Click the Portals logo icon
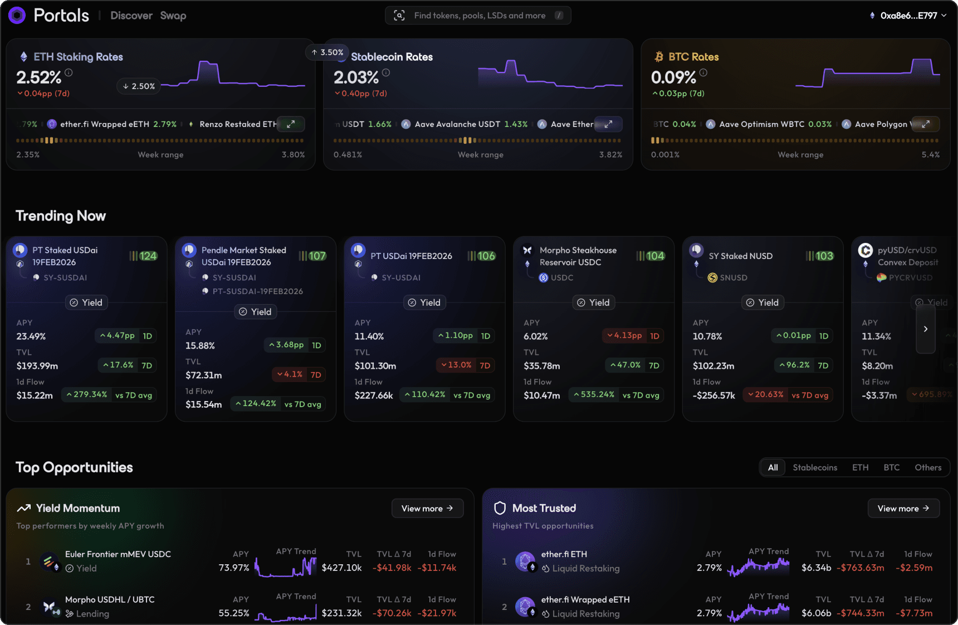17,16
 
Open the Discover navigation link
131,16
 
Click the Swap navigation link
173,16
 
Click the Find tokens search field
479,16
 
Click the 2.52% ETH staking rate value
38,77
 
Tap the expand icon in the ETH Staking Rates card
291,124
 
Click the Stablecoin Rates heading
392,57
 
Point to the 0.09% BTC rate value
673,77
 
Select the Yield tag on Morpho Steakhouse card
593,302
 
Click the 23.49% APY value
31,336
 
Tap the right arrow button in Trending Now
925,329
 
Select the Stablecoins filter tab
815,467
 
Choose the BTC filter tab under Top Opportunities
891,467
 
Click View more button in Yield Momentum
427,508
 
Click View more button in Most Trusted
903,508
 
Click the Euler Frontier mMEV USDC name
118,554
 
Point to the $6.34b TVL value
816,568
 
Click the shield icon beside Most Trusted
500,508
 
